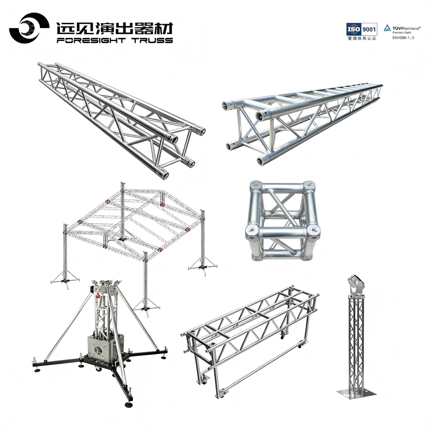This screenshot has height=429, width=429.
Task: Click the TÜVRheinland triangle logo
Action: pyautogui.click(x=387, y=28)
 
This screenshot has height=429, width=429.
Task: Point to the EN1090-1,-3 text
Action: pyautogui.click(x=403, y=38)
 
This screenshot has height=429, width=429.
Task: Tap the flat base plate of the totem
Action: pyautogui.click(x=357, y=393)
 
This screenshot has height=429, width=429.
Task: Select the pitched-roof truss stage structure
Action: pyautogui.click(x=134, y=246)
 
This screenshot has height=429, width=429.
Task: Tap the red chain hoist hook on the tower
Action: pyautogui.click(x=97, y=296)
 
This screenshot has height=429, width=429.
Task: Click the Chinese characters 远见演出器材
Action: pyautogui.click(x=115, y=28)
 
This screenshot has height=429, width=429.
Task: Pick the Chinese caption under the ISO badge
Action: pyautogui.click(x=362, y=38)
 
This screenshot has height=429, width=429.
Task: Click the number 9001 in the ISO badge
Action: pyautogui.click(x=369, y=29)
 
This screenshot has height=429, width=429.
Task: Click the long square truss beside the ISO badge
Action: pyautogui.click(x=302, y=125)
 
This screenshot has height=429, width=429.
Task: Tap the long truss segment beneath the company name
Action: pyautogui.click(x=122, y=120)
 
